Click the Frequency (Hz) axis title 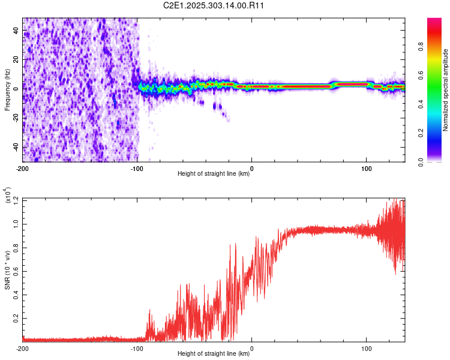tap(7, 89)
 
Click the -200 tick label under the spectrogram tap(23, 167)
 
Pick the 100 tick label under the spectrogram tap(367, 167)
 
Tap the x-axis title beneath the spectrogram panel tap(214, 174)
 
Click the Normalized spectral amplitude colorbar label tap(446, 90)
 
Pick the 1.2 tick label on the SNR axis tap(16, 199)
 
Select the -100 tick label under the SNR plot tap(137, 348)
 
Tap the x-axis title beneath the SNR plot tap(214, 354)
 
